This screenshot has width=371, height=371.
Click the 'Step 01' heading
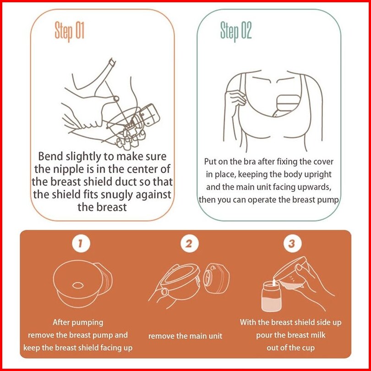[x=69, y=32]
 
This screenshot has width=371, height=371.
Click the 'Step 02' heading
[x=236, y=32]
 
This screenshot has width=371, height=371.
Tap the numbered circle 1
[x=81, y=244]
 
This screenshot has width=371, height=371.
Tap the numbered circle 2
[x=189, y=244]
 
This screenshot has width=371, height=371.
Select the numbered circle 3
[x=292, y=244]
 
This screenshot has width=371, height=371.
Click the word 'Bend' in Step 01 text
[x=50, y=156]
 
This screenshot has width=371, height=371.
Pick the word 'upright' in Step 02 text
[x=318, y=175]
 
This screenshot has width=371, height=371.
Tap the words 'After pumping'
[x=78, y=322]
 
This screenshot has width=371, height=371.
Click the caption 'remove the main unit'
[x=185, y=336]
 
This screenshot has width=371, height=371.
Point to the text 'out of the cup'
[x=290, y=348]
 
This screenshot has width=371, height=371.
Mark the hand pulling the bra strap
[x=235, y=99]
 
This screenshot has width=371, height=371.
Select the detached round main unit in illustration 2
[x=216, y=278]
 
